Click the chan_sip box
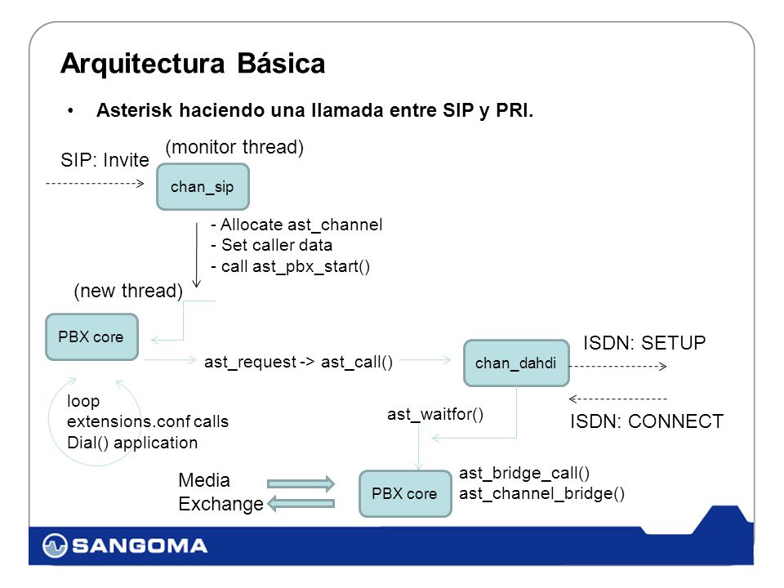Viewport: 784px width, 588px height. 203,186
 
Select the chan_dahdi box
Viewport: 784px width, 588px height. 516,363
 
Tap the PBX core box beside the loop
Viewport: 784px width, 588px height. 91,337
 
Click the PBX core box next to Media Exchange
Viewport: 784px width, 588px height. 405,493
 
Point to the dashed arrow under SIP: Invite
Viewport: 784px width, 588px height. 95,184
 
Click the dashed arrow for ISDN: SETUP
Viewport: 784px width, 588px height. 618,367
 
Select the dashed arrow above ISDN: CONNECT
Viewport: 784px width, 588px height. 618,399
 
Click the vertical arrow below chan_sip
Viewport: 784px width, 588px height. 197,255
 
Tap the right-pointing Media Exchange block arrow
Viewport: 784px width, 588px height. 301,483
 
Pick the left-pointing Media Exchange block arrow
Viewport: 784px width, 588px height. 301,503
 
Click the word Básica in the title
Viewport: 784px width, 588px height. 281,64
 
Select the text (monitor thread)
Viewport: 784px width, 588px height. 234,148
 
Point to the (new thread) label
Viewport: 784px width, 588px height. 128,291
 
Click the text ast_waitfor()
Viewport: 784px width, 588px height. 435,415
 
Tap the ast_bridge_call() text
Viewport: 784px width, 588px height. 524,473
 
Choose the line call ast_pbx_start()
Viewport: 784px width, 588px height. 291,266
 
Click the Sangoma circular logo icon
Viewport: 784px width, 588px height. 55,546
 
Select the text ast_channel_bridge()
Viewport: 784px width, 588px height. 541,493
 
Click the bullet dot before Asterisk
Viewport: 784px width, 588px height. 71,110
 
